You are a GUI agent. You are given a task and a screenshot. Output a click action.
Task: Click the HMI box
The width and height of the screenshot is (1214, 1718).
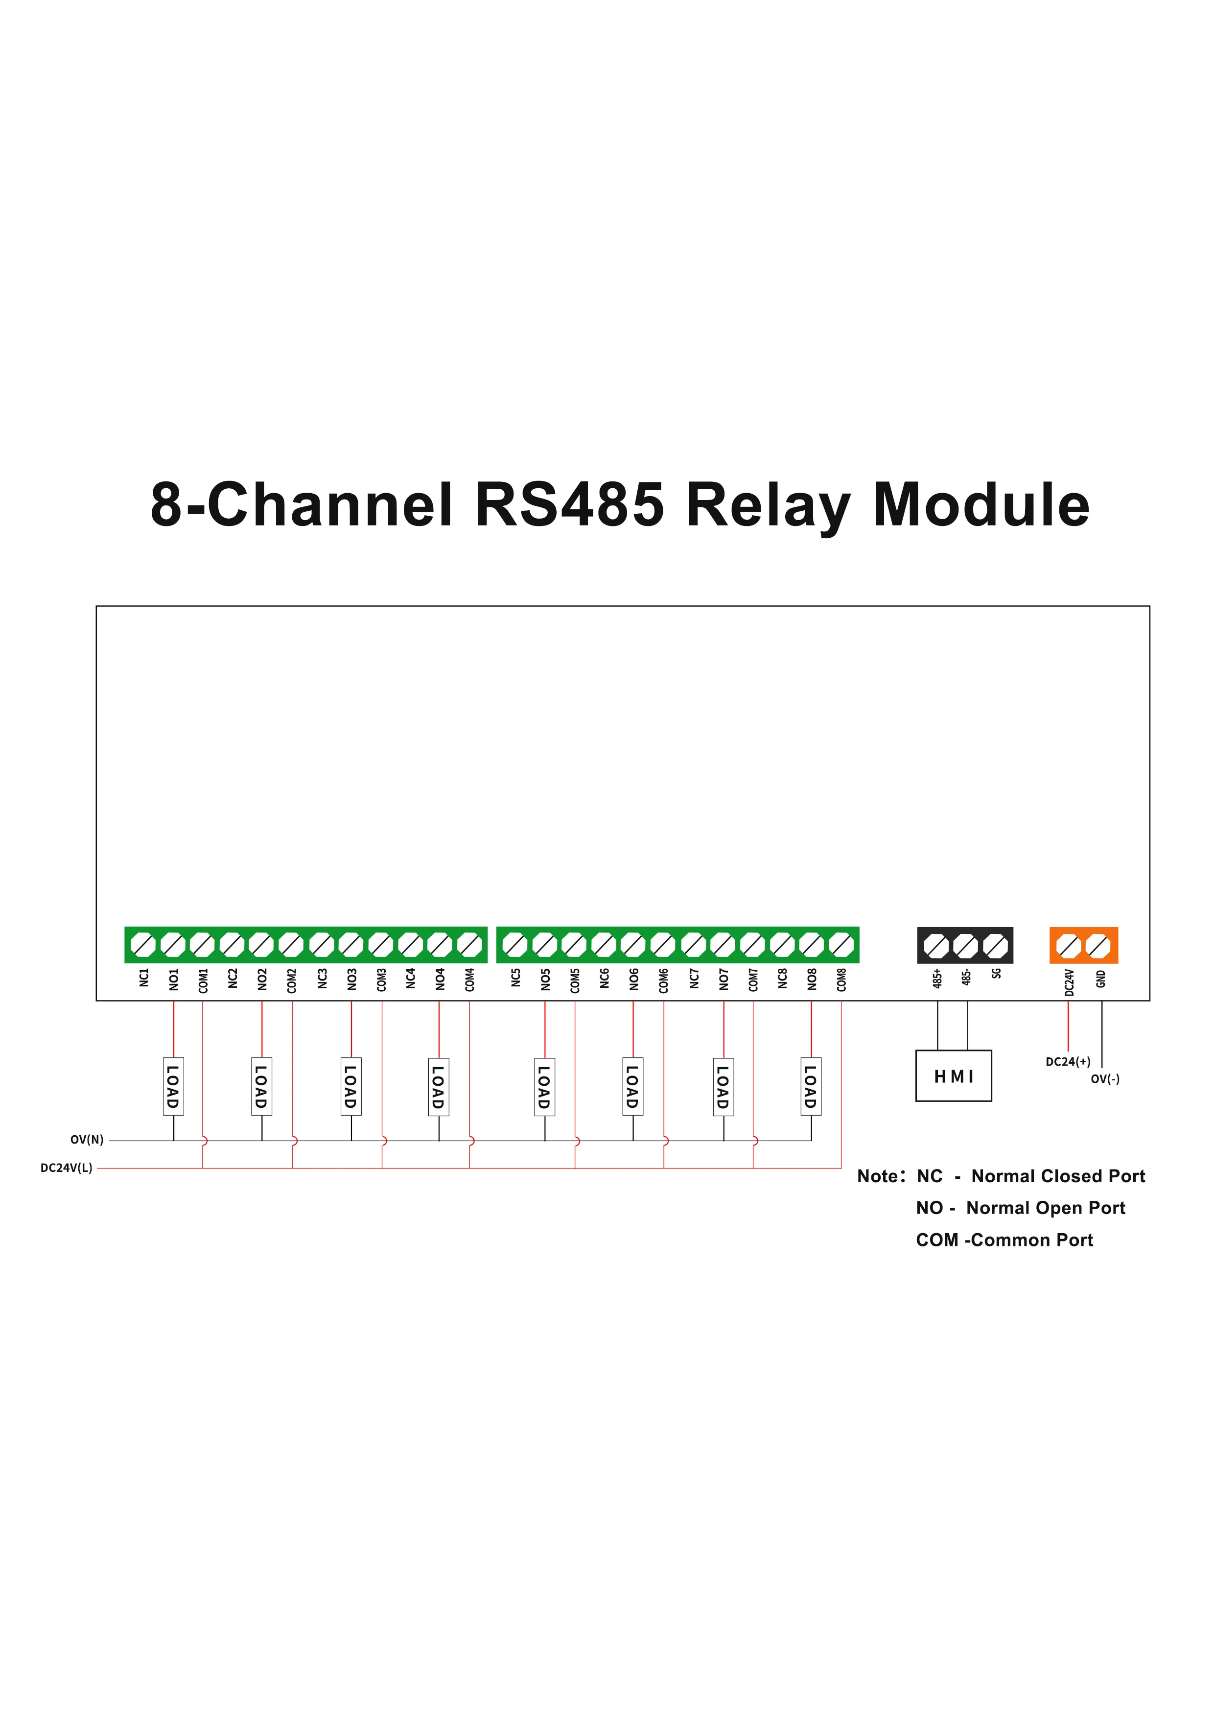(x=953, y=1076)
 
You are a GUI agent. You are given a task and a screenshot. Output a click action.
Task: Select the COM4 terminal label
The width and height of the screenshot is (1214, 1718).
(x=470, y=979)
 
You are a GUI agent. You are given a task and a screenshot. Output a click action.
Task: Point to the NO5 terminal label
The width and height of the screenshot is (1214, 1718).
(x=545, y=979)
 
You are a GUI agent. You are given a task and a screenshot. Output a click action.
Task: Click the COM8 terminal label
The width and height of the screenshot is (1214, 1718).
(x=841, y=979)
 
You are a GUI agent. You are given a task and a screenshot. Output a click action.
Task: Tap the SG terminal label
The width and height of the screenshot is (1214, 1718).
(x=996, y=974)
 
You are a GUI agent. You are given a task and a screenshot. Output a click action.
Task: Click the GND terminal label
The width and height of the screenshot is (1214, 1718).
(x=1101, y=978)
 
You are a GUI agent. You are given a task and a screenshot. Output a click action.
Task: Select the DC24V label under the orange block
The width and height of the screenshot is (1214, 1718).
(x=1070, y=982)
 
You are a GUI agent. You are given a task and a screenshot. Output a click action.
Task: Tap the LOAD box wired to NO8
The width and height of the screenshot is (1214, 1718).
(x=811, y=1086)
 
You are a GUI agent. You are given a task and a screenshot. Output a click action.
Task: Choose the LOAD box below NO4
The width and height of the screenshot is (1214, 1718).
(x=438, y=1086)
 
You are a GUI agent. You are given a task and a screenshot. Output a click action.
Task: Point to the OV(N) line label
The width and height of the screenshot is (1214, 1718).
(x=87, y=1140)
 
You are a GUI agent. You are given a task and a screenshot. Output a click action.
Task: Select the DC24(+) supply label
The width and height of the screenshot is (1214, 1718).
(x=1068, y=1062)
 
